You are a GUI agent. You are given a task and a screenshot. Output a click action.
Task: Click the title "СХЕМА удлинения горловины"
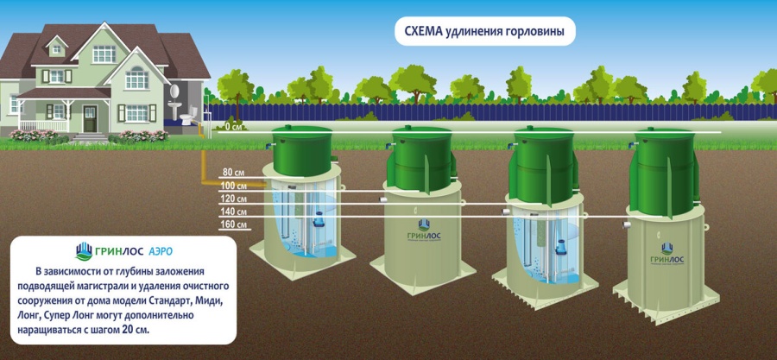484,31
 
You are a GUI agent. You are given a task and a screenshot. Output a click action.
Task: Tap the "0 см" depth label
234,126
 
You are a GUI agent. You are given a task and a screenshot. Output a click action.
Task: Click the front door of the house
90,119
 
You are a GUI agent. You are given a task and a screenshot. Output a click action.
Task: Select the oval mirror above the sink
174,92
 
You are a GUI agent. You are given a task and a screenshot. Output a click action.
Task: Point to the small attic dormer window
56,48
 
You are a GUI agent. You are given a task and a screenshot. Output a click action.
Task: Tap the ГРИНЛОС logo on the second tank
423,231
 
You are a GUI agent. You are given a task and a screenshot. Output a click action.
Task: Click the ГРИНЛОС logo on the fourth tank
667,254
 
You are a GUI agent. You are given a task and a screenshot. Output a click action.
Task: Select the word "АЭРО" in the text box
161,251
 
